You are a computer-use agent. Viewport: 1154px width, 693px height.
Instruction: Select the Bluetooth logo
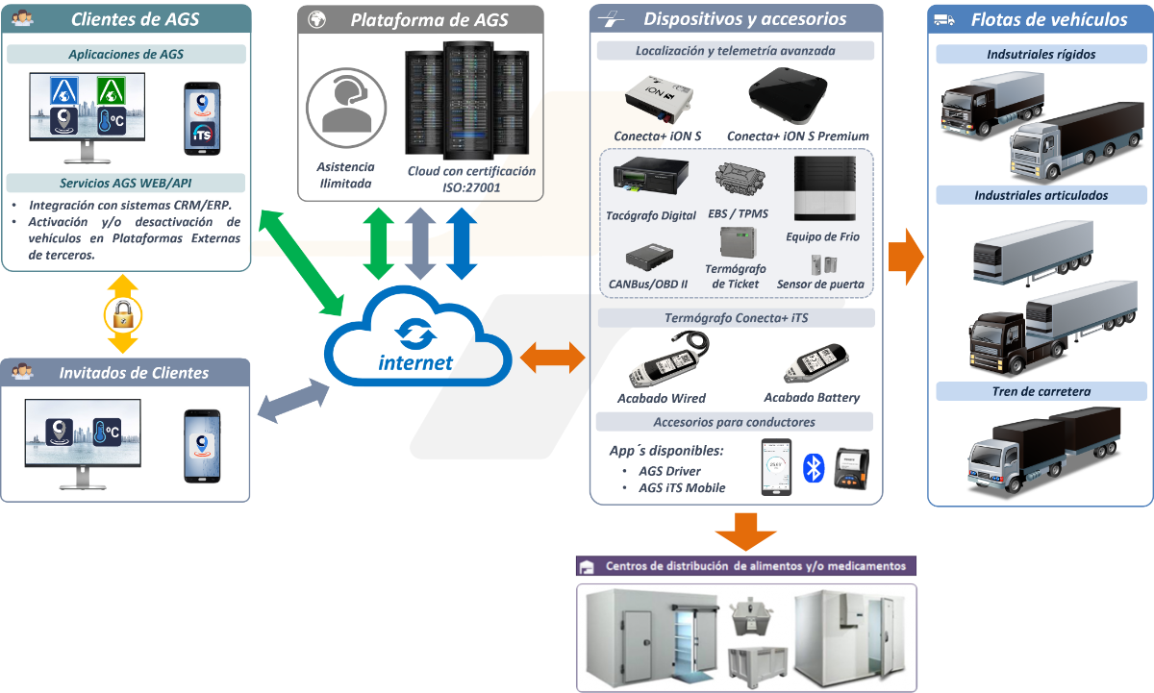pyautogui.click(x=814, y=468)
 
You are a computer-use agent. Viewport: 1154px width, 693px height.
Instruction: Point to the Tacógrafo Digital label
pyautogui.click(x=651, y=215)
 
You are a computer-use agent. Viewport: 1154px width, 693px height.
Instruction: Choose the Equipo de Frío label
pyautogui.click(x=822, y=236)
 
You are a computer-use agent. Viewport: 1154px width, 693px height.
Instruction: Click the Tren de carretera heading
pyautogui.click(x=1041, y=391)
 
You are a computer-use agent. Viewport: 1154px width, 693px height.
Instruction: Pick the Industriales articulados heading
pyautogui.click(x=1041, y=195)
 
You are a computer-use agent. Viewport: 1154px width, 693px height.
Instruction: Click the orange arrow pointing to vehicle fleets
pyautogui.click(x=905, y=257)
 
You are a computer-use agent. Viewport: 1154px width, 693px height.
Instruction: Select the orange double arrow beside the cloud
pyautogui.click(x=552, y=358)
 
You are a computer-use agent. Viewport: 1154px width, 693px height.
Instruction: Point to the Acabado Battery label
pyautogui.click(x=812, y=397)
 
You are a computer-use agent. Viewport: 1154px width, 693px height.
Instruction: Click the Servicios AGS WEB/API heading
pyautogui.click(x=126, y=184)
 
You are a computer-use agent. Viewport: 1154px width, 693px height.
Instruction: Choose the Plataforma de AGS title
pyautogui.click(x=429, y=20)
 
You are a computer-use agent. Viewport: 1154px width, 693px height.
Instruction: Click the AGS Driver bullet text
pyautogui.click(x=669, y=471)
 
